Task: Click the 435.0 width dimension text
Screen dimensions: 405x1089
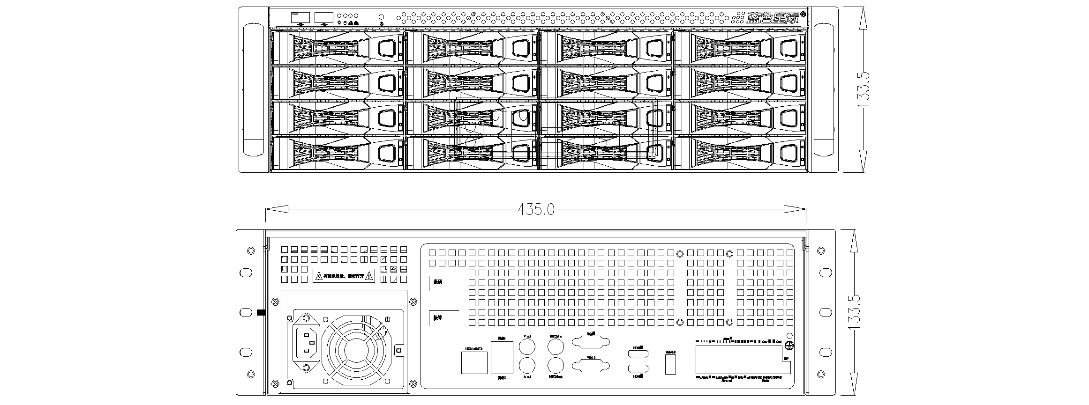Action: (536, 209)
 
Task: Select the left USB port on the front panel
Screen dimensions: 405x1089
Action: (300, 18)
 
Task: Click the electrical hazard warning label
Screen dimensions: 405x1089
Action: (344, 276)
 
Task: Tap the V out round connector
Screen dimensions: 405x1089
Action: (527, 347)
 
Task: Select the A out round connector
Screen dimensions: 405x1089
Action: (527, 365)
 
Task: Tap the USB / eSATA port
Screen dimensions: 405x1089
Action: (474, 363)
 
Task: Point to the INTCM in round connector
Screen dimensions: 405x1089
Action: (556, 347)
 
